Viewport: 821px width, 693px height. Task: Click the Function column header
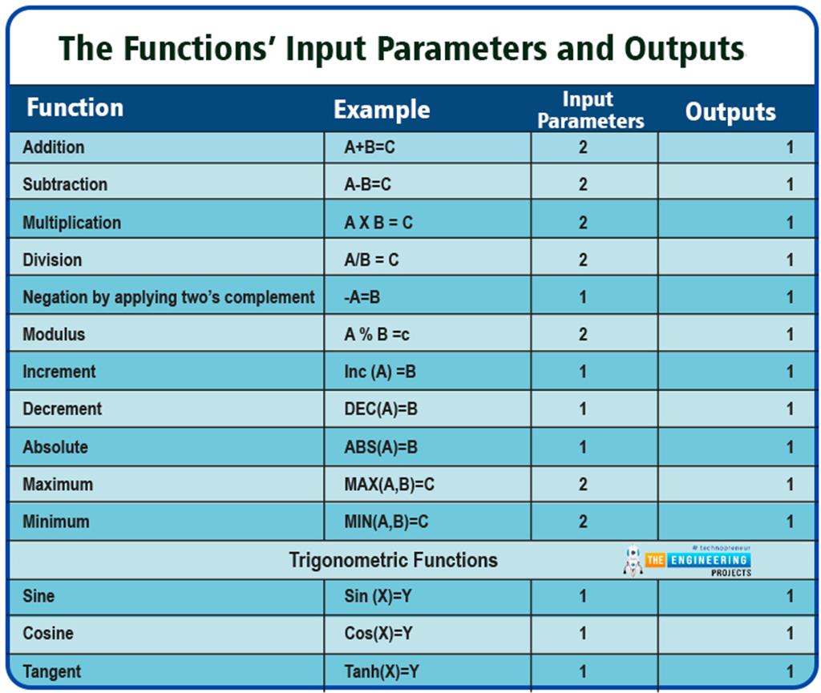point(75,108)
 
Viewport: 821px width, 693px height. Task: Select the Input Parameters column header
point(590,111)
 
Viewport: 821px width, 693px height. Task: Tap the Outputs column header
point(730,112)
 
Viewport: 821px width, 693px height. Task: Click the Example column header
point(382,111)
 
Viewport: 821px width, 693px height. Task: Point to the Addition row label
point(53,147)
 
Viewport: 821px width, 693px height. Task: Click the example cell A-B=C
point(367,185)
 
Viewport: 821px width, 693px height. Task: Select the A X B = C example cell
point(378,223)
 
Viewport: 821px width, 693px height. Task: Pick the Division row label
point(52,260)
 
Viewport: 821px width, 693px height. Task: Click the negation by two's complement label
point(168,297)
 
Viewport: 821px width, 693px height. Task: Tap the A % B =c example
point(377,335)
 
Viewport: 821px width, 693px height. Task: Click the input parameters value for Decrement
point(583,409)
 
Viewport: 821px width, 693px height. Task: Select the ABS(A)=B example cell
point(381,447)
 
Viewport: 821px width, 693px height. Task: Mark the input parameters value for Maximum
point(583,485)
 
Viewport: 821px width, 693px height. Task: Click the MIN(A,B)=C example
point(386,522)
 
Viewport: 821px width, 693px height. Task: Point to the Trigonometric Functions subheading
point(393,560)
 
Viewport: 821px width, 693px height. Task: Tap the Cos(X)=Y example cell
point(378,634)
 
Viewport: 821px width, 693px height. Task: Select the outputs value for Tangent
point(790,671)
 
